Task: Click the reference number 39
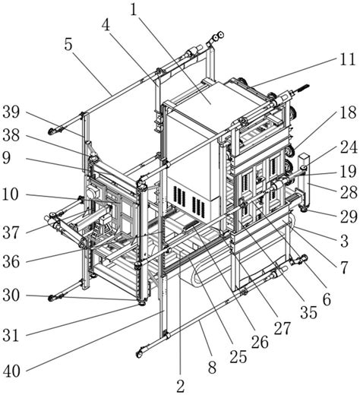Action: [x=11, y=112]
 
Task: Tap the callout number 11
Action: [x=349, y=59]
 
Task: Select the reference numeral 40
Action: [x=11, y=371]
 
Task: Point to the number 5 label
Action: [x=106, y=25]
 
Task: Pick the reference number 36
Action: [x=11, y=261]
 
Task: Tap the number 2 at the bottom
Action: [x=180, y=386]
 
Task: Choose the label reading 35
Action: [x=308, y=312]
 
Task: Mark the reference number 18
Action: [x=349, y=112]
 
